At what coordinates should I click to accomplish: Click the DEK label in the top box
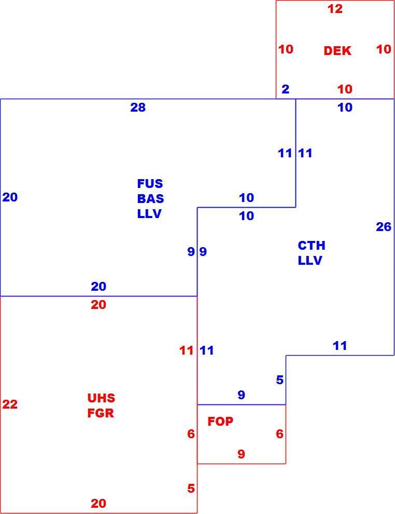click(x=337, y=51)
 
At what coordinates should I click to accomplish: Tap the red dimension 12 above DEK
click(x=335, y=9)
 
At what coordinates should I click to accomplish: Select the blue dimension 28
click(x=138, y=107)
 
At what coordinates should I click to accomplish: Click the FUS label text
click(x=150, y=184)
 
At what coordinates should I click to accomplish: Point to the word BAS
click(x=150, y=199)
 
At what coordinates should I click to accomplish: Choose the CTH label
click(x=312, y=245)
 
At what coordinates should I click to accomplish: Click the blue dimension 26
click(x=384, y=227)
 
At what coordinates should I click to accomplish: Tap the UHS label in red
click(x=101, y=398)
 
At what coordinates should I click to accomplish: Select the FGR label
click(x=101, y=413)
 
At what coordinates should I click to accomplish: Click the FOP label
click(x=221, y=421)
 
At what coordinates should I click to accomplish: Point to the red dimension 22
click(x=10, y=404)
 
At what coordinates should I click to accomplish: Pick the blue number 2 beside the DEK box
click(x=286, y=89)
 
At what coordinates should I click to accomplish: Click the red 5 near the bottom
click(x=191, y=489)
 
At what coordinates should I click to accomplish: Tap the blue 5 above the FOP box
click(x=279, y=380)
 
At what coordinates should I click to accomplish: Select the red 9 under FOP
click(x=241, y=454)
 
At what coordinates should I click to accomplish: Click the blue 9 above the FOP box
click(x=241, y=395)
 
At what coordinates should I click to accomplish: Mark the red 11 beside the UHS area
click(x=187, y=350)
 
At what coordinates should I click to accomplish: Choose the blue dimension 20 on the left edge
click(x=10, y=197)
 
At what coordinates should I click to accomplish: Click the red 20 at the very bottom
click(x=98, y=504)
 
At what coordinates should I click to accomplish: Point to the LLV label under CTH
click(x=310, y=261)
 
